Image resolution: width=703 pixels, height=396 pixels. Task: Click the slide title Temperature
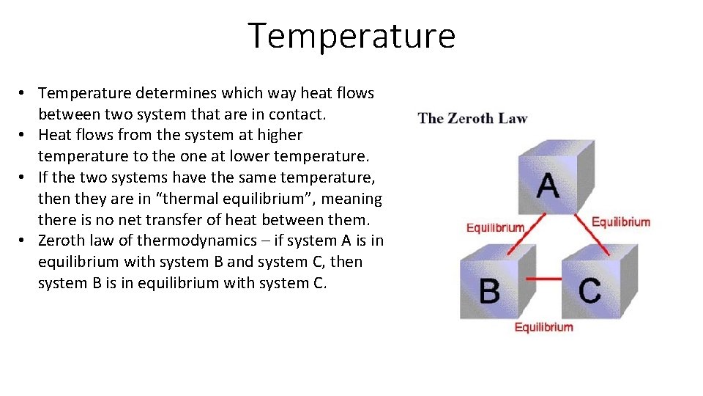click(x=351, y=36)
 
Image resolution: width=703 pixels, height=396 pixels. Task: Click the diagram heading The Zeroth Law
click(x=472, y=118)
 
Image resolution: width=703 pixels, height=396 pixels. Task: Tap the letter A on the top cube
click(x=547, y=185)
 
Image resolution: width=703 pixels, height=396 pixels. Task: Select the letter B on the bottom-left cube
click(x=489, y=290)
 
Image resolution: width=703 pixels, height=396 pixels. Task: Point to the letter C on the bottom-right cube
click(x=589, y=290)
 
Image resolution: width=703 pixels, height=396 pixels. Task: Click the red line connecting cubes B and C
click(x=544, y=279)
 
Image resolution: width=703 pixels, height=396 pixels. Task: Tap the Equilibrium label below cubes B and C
click(x=543, y=327)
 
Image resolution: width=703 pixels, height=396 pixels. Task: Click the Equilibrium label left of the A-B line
click(x=495, y=227)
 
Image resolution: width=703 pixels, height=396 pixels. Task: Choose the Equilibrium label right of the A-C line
click(x=620, y=222)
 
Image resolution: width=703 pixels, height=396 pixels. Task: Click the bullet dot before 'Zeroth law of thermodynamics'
click(x=23, y=241)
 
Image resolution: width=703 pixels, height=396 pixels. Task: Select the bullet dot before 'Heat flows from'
click(x=23, y=135)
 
